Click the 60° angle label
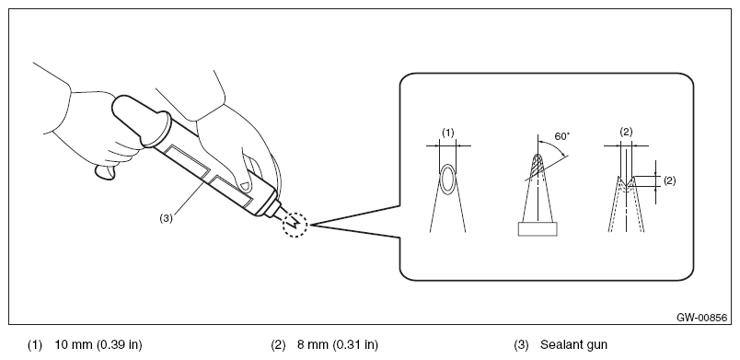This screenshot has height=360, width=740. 562,136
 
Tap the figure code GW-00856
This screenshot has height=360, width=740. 701,318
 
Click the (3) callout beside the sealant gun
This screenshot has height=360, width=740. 166,218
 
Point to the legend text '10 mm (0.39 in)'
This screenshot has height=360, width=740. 98,345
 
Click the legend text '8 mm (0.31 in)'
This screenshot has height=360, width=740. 338,345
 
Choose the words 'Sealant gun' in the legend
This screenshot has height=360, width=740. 573,345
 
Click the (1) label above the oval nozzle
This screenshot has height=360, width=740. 448,134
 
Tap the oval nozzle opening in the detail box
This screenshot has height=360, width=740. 448,179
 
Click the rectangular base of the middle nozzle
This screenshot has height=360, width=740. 538,229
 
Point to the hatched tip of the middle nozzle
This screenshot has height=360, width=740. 538,165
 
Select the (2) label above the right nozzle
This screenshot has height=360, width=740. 626,133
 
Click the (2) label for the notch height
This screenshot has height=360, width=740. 670,180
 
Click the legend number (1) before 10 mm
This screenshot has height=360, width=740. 34,345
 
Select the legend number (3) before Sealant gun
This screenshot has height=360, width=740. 521,345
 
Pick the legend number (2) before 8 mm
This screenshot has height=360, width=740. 278,345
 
